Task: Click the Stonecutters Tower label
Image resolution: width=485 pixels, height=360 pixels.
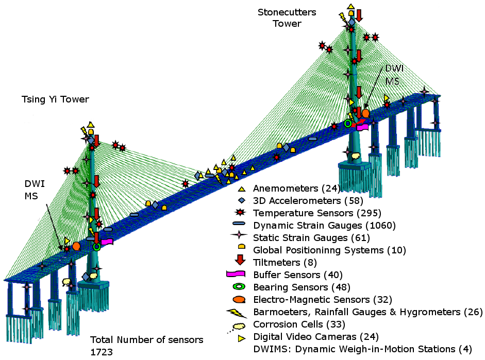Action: point(287,18)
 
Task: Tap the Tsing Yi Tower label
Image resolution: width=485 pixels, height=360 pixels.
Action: point(56,99)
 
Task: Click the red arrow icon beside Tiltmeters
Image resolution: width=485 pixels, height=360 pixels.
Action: point(240,262)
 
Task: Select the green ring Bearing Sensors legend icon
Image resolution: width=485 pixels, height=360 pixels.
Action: point(240,287)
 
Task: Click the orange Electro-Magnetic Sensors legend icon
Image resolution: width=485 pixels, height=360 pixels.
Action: point(240,299)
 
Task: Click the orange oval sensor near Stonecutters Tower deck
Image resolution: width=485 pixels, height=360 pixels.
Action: point(365,113)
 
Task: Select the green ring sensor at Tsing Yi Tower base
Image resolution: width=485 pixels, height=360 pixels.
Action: point(96,247)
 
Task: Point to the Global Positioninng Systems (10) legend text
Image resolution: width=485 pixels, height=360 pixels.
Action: point(329,250)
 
